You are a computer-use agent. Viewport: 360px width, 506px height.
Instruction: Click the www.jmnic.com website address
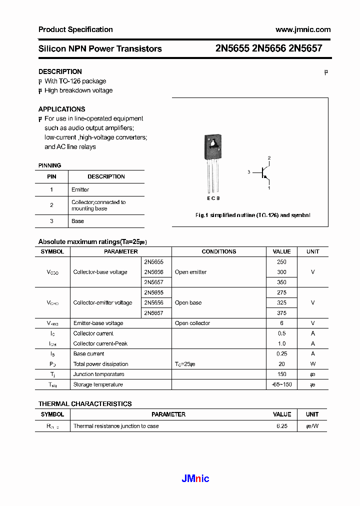[x=303, y=29]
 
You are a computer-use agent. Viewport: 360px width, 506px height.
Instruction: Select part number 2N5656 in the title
[x=269, y=48]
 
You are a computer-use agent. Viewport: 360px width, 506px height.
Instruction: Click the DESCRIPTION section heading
[x=60, y=71]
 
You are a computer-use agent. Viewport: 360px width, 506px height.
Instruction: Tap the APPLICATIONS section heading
[x=61, y=109]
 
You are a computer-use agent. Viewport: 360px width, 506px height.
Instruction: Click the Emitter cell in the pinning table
[x=80, y=189]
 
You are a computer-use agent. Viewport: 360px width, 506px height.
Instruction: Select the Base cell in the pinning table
[x=77, y=221]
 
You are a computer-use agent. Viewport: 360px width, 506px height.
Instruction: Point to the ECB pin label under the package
[x=213, y=198]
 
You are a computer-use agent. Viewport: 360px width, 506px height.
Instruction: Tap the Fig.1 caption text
[x=252, y=215]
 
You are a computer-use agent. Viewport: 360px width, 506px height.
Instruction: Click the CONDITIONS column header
[x=218, y=251]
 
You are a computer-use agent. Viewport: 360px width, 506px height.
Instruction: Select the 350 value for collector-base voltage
[x=281, y=282]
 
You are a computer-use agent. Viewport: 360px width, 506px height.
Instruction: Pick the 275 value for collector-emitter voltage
[x=281, y=292]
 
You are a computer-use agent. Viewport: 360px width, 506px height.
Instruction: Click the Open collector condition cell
[x=192, y=323]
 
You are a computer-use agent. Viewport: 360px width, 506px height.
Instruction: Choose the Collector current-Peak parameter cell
[x=100, y=343]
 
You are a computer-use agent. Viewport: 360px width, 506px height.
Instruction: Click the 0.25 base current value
[x=281, y=353]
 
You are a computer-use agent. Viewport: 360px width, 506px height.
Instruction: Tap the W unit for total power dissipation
[x=312, y=364]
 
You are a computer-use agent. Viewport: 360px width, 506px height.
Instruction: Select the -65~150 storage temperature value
[x=281, y=384]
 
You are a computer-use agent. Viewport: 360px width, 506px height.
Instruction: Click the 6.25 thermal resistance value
[x=281, y=426]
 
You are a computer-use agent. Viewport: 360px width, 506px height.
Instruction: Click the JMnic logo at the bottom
[x=195, y=478]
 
